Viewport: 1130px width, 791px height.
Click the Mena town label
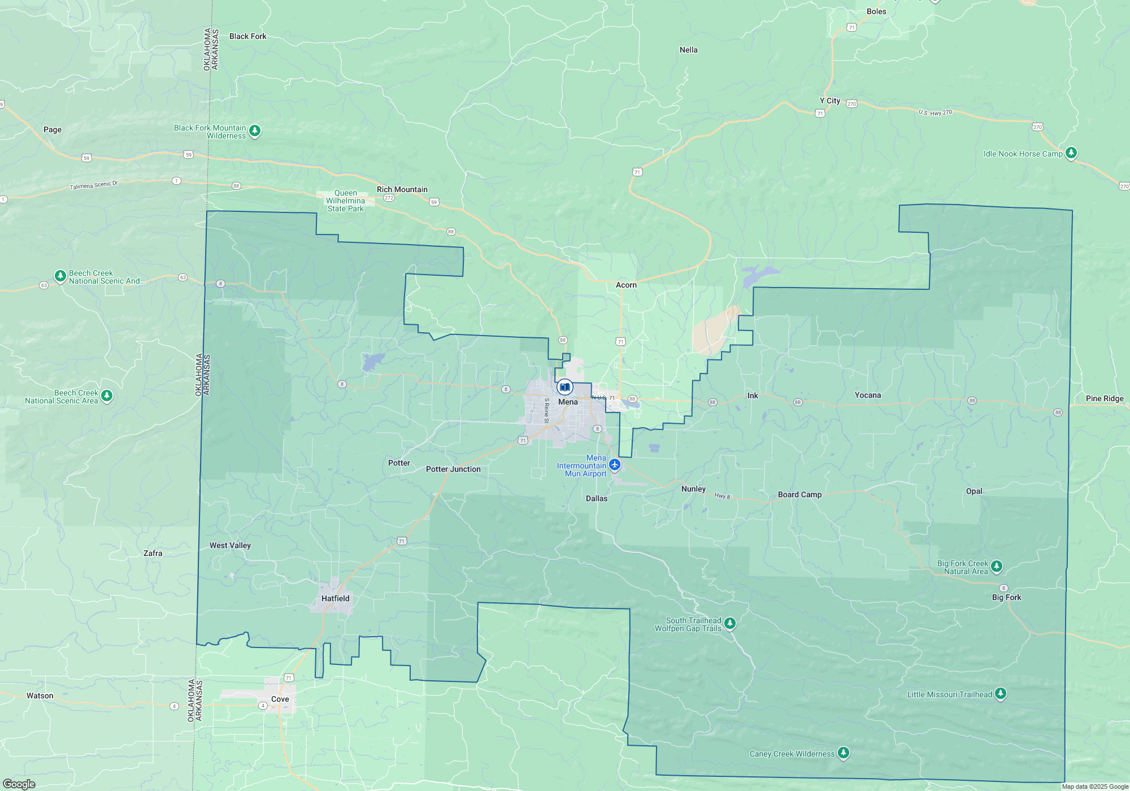pos(568,402)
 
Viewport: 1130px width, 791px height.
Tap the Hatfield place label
pos(335,598)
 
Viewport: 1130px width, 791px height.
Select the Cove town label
pos(280,699)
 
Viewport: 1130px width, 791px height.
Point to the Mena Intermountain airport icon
pos(615,465)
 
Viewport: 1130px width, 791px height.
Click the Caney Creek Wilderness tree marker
pos(844,753)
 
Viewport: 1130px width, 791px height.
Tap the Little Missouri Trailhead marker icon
pos(1000,693)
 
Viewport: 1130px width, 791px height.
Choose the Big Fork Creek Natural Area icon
pos(997,566)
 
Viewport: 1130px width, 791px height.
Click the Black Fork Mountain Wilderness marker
pos(255,131)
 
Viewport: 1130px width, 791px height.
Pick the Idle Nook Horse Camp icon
pos(1071,153)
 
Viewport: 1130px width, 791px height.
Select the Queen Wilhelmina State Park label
pos(346,201)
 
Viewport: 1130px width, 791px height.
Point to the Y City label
pos(829,101)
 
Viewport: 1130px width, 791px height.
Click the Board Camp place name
pos(799,494)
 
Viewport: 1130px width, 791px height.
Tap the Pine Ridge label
pos(1105,398)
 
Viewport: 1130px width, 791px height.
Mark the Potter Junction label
pos(453,469)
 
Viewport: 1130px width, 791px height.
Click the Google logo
pos(19,784)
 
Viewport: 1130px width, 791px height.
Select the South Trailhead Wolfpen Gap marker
pos(730,623)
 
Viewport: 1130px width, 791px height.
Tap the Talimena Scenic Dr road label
pos(94,185)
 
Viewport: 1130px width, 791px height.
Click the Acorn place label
pos(626,285)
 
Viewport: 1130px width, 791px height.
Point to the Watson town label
pos(40,696)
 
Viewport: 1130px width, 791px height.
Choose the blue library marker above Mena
pos(564,387)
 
